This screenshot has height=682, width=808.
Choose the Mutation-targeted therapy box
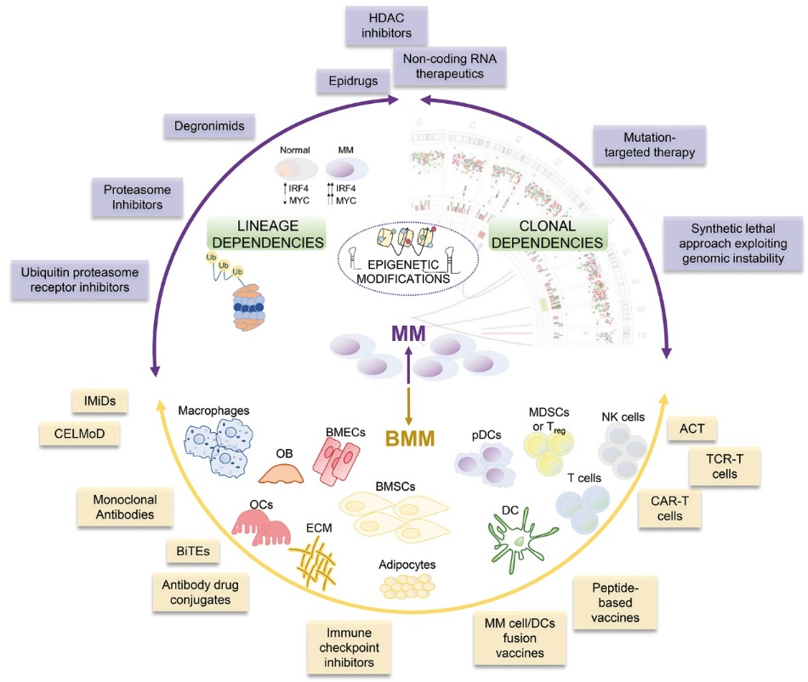646,145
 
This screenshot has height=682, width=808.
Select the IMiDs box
94,399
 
